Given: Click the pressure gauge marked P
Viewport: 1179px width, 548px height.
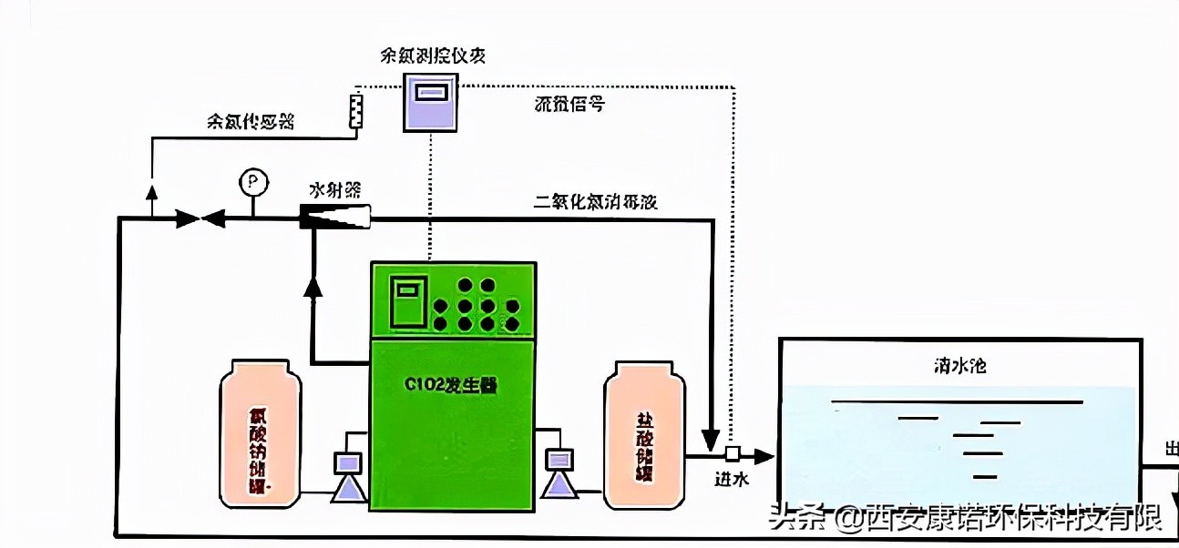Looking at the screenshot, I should point(252,183).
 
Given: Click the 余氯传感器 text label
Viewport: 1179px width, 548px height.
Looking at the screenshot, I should point(251,122).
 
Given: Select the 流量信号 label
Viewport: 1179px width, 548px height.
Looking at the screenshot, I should point(569,104).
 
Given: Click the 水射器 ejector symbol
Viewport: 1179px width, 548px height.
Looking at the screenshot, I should point(336,217).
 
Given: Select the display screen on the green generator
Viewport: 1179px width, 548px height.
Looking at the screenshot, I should point(407,304).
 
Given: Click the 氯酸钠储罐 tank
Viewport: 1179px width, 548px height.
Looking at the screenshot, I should point(260,431).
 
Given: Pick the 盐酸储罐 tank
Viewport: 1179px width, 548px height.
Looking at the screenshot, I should point(645,433).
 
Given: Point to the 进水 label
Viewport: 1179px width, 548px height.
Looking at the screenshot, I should point(732,480).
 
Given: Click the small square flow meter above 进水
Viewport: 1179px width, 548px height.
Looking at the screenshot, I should point(731,453).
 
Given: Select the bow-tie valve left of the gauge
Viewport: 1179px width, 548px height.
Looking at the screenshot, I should point(200,218).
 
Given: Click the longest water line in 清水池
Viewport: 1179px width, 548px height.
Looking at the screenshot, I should point(957,401).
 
